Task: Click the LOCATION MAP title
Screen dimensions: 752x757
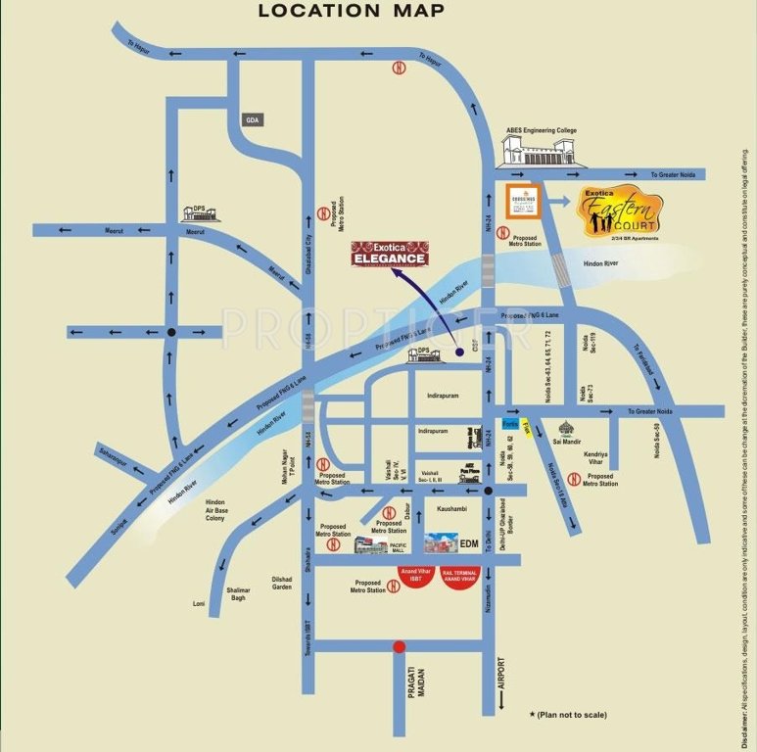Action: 351,12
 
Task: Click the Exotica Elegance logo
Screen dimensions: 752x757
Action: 390,254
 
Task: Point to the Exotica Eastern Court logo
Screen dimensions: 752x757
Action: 620,211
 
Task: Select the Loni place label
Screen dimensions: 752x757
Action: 200,604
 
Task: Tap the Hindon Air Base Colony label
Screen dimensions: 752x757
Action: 215,510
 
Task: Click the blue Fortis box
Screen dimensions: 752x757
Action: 509,424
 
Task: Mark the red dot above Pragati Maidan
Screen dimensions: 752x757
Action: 398,645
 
